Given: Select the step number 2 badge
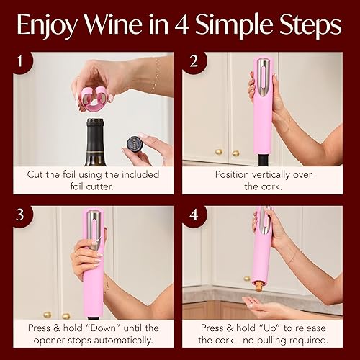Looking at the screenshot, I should tap(192, 63).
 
